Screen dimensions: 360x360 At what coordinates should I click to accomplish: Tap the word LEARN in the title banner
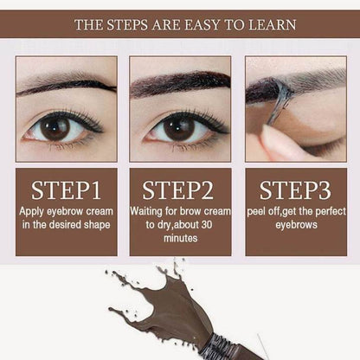pos(272,24)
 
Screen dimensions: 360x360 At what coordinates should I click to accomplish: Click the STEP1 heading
pos(66,190)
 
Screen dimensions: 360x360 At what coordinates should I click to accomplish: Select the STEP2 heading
pos(178,190)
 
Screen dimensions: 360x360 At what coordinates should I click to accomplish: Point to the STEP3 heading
pos(295,190)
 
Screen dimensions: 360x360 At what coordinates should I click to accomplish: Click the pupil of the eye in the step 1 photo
pos(55,127)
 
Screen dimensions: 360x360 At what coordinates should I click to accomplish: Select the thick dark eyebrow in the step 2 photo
pos(180,84)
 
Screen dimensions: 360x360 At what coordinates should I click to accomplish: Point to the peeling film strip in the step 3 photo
pos(280,101)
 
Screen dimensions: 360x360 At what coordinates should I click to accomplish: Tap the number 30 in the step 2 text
pos(207,225)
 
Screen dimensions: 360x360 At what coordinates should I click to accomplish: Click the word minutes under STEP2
pos(181,238)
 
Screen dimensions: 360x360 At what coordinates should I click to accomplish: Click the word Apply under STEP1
pos(31,212)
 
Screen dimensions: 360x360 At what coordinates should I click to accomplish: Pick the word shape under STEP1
pos(97,225)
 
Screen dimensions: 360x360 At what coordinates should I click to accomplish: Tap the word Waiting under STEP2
pos(146,211)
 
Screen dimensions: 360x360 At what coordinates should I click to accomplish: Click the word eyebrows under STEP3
pos(296,225)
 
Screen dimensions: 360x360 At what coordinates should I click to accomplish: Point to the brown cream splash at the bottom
pos(162,305)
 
